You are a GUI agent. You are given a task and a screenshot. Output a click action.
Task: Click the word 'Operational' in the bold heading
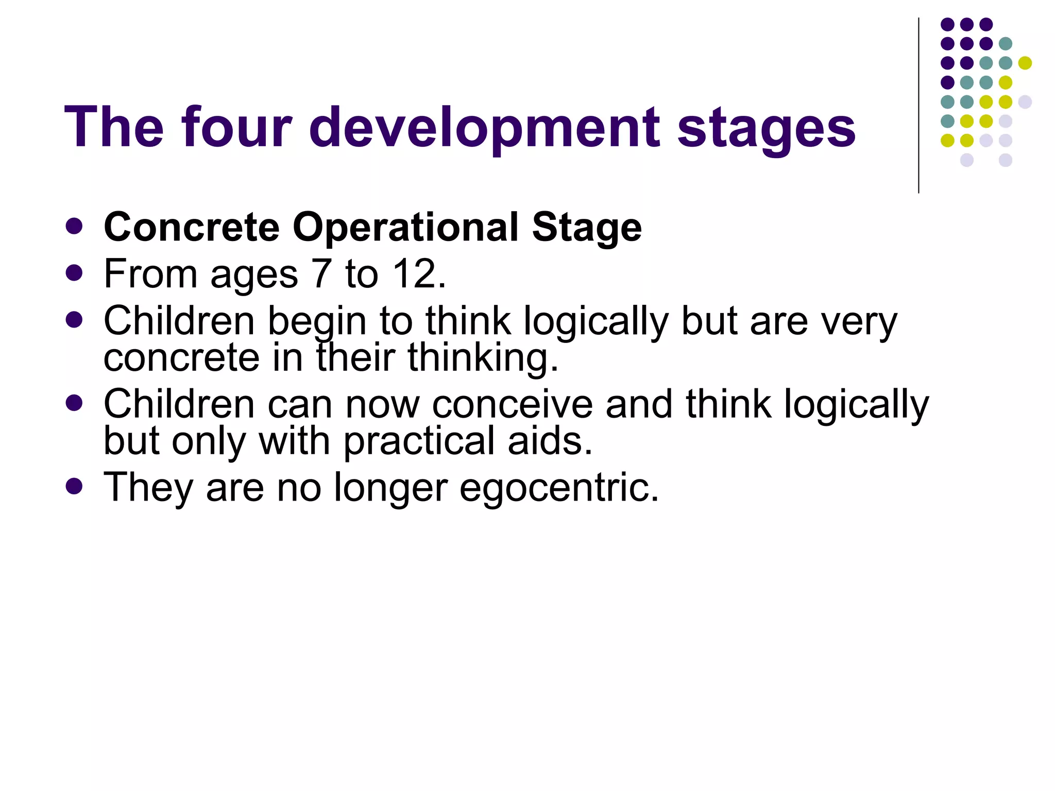tap(406, 228)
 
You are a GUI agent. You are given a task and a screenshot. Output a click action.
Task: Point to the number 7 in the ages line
tap(321, 273)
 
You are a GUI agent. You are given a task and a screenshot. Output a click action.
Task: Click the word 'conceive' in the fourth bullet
tap(512, 404)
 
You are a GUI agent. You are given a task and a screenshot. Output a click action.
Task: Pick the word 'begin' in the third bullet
tap(317, 322)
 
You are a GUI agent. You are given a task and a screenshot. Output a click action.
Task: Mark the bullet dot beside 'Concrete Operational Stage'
tap(75, 226)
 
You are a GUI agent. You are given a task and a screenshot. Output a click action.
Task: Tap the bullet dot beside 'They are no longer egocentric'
tap(75, 486)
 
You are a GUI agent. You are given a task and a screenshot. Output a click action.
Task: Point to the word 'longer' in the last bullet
tap(390, 488)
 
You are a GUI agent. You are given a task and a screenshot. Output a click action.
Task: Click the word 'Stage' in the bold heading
tap(587, 228)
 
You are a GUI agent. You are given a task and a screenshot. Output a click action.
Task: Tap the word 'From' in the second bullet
tap(150, 273)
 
